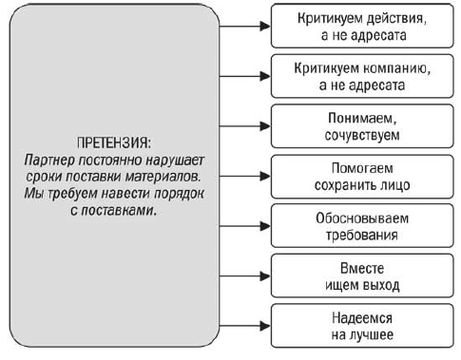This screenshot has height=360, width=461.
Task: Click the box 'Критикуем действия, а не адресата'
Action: (362, 26)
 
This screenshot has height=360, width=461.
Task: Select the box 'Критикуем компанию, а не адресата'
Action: (362, 76)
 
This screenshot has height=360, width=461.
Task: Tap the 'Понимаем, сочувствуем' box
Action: (362, 126)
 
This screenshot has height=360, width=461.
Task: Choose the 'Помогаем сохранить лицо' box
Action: (362, 177)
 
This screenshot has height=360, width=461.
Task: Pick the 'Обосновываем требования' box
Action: (362, 226)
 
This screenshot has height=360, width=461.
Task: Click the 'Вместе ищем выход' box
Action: (362, 275)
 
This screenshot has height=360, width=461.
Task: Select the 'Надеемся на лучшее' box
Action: (362, 326)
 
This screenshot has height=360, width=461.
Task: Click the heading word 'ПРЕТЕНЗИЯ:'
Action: (114, 142)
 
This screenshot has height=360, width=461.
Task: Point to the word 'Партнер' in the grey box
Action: (49, 161)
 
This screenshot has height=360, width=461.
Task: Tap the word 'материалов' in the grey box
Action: (163, 177)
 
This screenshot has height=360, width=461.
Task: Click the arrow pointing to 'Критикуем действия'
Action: (245, 26)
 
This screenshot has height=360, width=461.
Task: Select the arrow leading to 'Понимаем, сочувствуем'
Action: (245, 126)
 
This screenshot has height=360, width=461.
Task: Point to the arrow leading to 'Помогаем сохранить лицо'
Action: (245, 177)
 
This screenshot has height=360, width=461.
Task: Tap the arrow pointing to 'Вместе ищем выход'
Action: (245, 275)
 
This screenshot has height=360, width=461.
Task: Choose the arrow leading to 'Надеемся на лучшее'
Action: (245, 326)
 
